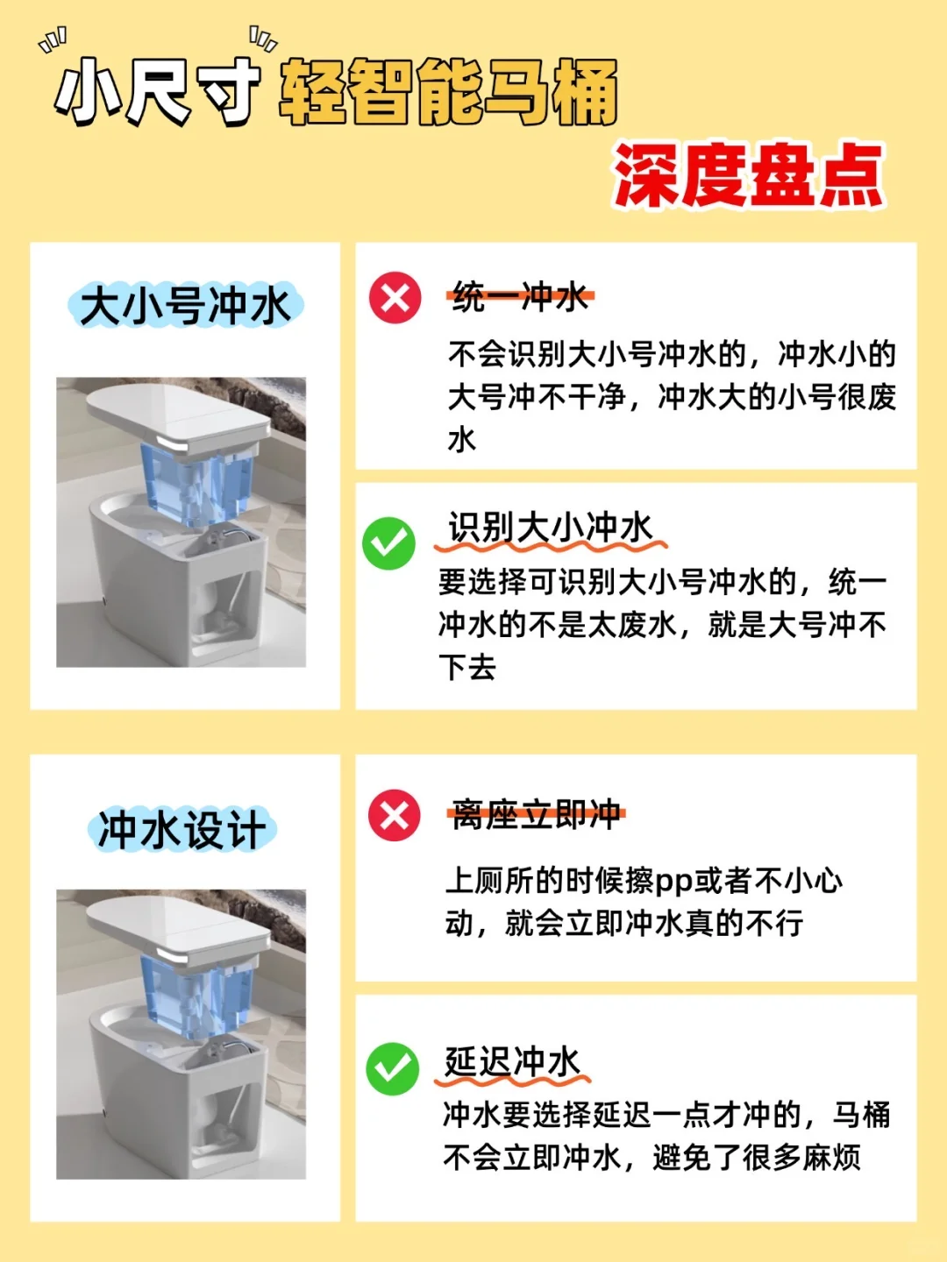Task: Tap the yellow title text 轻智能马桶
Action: coord(448,92)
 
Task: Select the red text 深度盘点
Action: coord(749,175)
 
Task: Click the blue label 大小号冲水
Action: coord(185,305)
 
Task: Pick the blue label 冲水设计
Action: coord(182,830)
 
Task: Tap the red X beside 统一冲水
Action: coord(395,298)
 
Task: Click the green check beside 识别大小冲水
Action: coord(388,543)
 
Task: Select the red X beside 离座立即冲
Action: coord(395,815)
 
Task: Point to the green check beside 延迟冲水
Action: coord(392,1069)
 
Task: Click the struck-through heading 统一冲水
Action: coord(521,297)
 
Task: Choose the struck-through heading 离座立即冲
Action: coord(536,814)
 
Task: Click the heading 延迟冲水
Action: coord(512,1061)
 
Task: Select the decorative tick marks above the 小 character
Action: coord(53,40)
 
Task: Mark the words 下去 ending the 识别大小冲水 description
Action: coord(466,667)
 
